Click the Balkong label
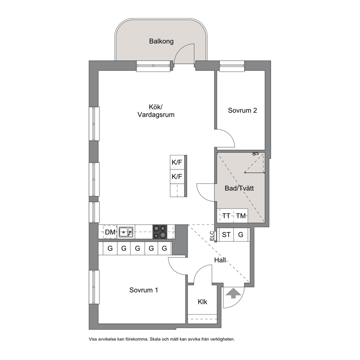point(161,41)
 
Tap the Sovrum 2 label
point(242,110)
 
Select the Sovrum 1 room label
point(143,290)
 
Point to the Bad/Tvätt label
point(239,188)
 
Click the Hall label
point(220,260)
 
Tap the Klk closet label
point(202,302)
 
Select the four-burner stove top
point(160,232)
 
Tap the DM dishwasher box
point(110,232)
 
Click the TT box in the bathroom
point(225,216)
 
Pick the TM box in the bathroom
point(241,216)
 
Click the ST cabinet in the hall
point(226,235)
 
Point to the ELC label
point(212,236)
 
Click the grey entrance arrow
point(233,293)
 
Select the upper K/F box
point(177,162)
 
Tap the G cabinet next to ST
point(241,235)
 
